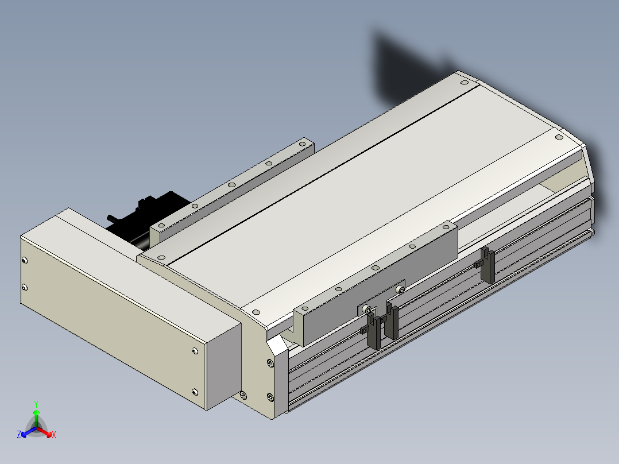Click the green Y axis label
(x=36, y=404)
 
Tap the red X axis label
(x=54, y=435)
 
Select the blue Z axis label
(x=18, y=434)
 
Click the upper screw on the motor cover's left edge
(x=25, y=260)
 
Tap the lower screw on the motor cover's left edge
(x=25, y=288)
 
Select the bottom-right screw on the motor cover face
(x=195, y=392)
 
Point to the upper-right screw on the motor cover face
(x=195, y=351)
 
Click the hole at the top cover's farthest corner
(x=465, y=83)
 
